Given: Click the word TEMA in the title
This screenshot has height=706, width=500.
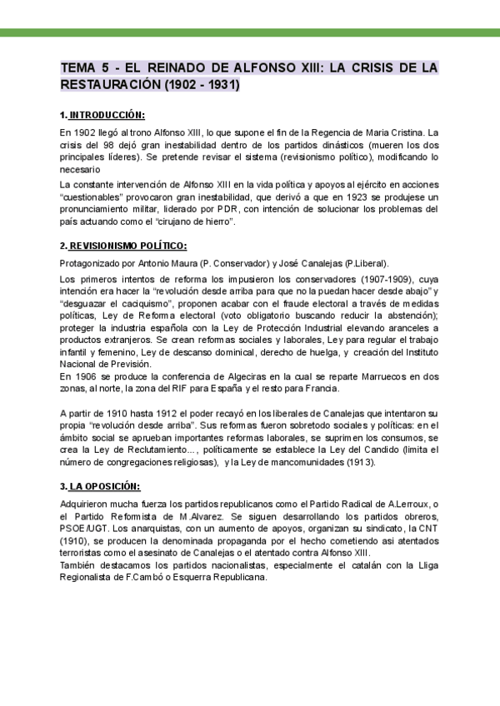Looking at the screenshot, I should coord(81,67).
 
